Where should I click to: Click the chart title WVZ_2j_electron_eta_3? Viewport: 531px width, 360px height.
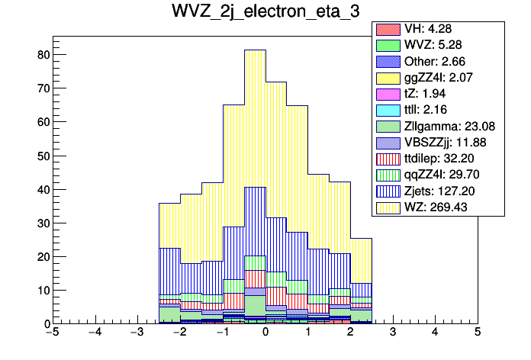tap(265, 14)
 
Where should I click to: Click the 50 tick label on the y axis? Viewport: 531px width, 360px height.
tap(43, 156)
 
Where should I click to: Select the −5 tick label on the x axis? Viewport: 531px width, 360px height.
tap(52, 333)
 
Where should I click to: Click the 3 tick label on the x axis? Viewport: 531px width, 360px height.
tap(393, 333)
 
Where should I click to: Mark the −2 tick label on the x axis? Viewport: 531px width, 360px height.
tap(179, 333)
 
